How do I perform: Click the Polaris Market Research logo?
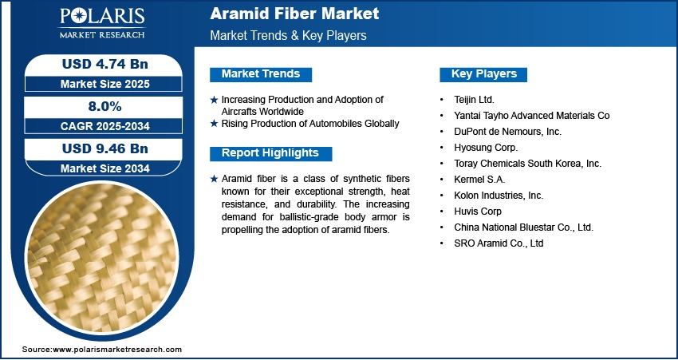pyautogui.click(x=102, y=23)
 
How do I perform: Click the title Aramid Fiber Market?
pyautogui.click(x=294, y=14)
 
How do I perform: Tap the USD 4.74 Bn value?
pyautogui.click(x=105, y=64)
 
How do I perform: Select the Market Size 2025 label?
pyautogui.click(x=105, y=84)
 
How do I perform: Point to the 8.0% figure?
pyautogui.click(x=104, y=106)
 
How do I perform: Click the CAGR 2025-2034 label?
pyautogui.click(x=105, y=126)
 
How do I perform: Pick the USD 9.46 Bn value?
pyautogui.click(x=105, y=148)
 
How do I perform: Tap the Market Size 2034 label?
pyautogui.click(x=105, y=168)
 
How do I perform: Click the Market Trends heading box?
pyautogui.click(x=261, y=74)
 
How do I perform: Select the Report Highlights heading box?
pyautogui.click(x=270, y=153)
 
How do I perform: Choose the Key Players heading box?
pyautogui.click(x=483, y=74)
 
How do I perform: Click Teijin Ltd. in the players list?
pyautogui.click(x=474, y=100)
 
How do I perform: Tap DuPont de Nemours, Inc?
pyautogui.click(x=507, y=132)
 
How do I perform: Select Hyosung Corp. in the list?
pyautogui.click(x=486, y=148)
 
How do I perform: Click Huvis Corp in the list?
pyautogui.click(x=478, y=212)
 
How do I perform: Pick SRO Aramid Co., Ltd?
pyautogui.click(x=499, y=243)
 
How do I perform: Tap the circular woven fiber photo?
pyautogui.click(x=102, y=258)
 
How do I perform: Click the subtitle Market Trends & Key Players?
pyautogui.click(x=289, y=35)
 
